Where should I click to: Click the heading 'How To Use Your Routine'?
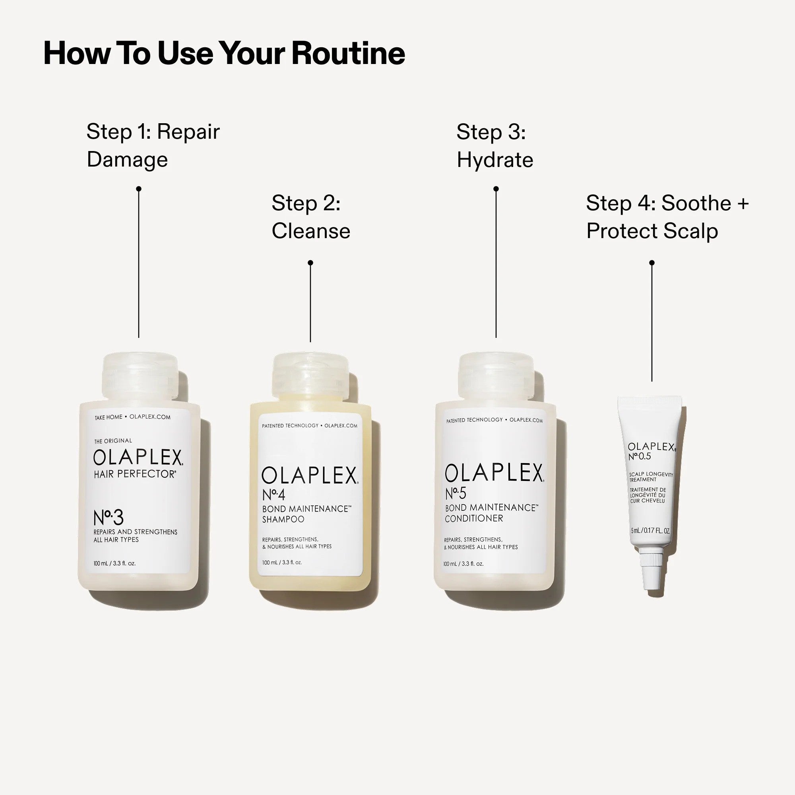[x=224, y=54]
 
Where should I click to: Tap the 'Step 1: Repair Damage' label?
[x=153, y=145]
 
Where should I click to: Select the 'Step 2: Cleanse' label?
[x=311, y=217]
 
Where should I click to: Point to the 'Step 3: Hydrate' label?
[x=494, y=145]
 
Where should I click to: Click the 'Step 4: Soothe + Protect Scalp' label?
[x=667, y=217]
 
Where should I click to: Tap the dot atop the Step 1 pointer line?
[x=139, y=189]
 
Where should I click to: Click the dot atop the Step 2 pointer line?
[x=310, y=262]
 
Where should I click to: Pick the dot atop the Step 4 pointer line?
[x=652, y=262]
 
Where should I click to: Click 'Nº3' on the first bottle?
[x=108, y=518]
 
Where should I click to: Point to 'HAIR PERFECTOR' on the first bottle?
[x=135, y=474]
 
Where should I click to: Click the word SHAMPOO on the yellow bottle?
[x=283, y=519]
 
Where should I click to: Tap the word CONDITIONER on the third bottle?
[x=474, y=518]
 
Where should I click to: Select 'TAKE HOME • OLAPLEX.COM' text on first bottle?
[x=132, y=417]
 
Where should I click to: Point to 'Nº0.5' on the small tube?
[x=640, y=456]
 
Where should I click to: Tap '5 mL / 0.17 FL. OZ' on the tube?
[x=650, y=531]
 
